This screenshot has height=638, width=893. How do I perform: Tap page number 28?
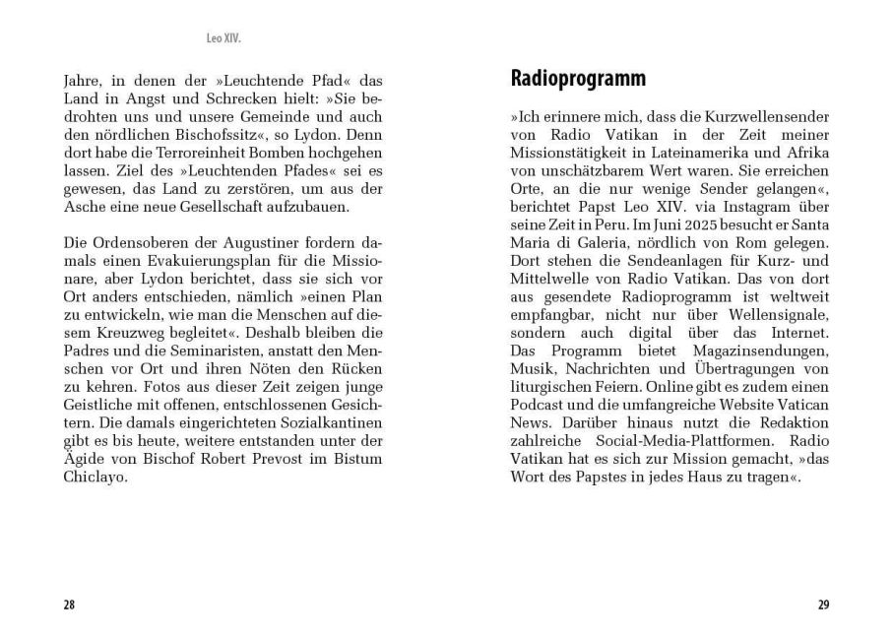click(x=69, y=604)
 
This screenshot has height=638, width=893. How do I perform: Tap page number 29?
click(x=823, y=604)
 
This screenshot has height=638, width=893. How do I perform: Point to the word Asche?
click(x=84, y=208)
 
